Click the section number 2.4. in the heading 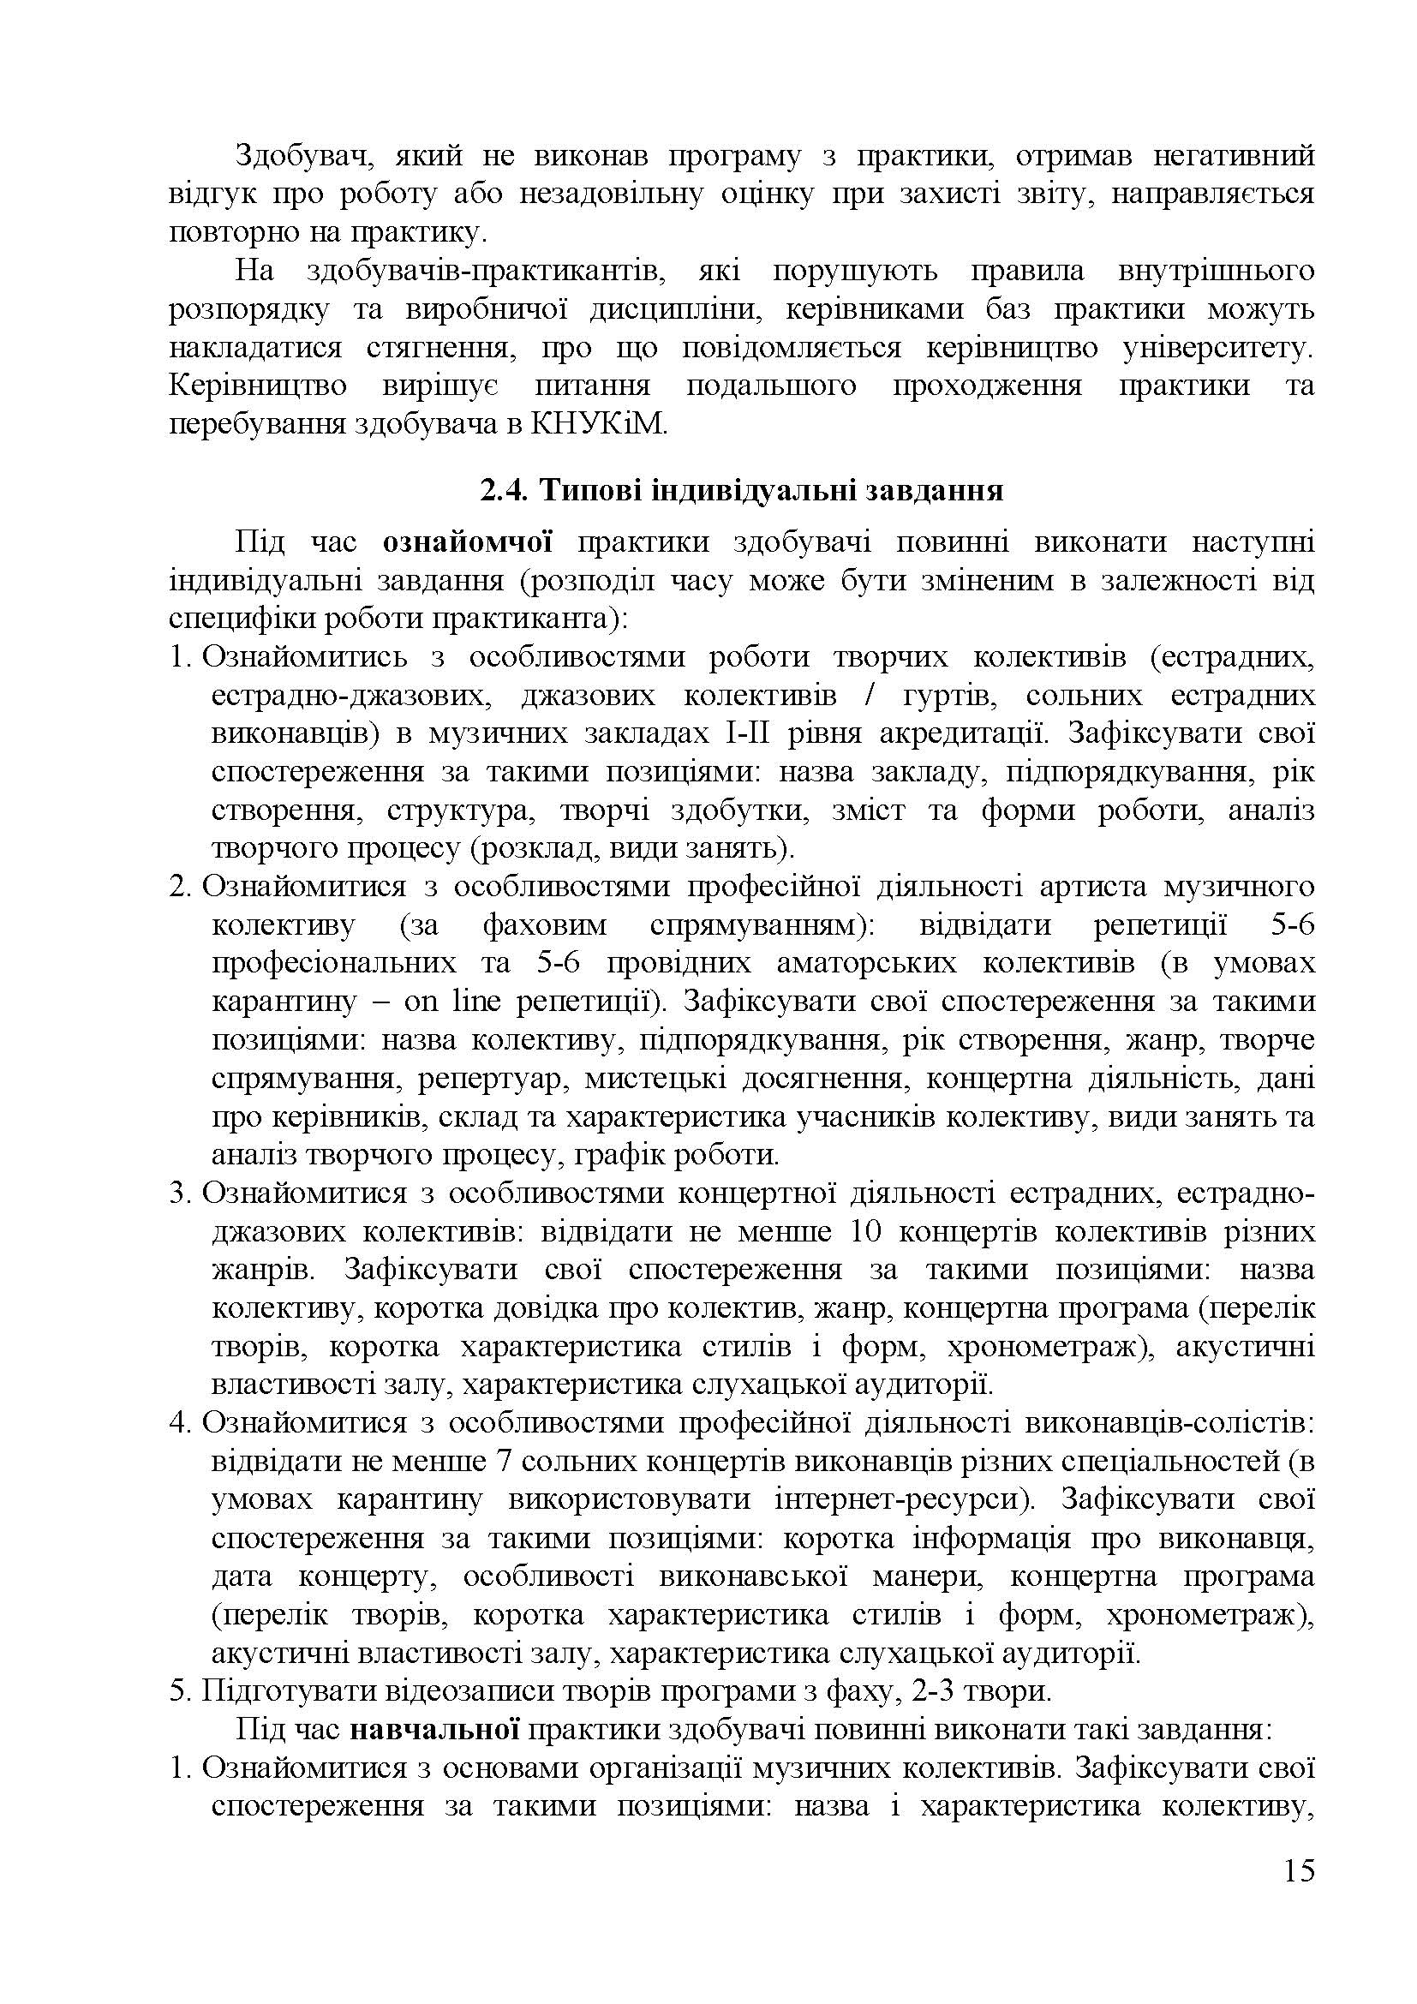point(505,491)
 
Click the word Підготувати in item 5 point(283,1691)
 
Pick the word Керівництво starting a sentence point(257,386)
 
